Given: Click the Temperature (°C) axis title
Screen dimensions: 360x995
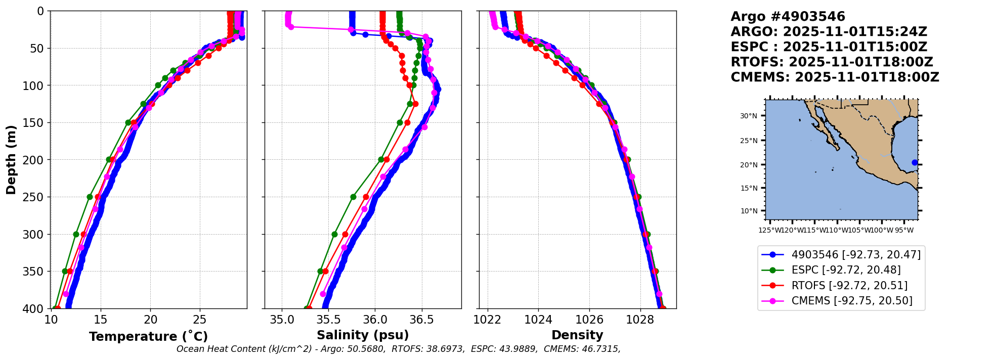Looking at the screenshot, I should [x=148, y=337].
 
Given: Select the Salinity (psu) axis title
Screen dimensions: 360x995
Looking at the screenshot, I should [x=363, y=335].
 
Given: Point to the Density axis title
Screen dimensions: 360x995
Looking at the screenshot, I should [x=577, y=335].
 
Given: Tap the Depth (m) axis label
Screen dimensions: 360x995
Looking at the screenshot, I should [x=11, y=160].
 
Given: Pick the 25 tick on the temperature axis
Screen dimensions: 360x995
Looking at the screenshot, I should [x=200, y=320].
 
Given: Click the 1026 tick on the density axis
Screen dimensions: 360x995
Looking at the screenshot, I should [x=589, y=320].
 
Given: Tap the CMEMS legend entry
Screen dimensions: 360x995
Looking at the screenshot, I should [x=852, y=301].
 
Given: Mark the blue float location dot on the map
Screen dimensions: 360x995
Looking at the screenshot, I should [x=915, y=162].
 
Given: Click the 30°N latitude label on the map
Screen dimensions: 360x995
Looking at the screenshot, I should [x=749, y=116].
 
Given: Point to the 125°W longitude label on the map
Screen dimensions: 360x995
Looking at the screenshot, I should [x=769, y=231].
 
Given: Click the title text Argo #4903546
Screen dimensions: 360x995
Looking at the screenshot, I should [x=788, y=17].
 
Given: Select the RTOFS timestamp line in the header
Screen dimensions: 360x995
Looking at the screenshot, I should [x=832, y=62].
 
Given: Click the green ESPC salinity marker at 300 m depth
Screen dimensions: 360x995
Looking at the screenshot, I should [x=334, y=234].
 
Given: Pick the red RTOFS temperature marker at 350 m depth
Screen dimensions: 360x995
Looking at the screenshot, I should [x=70, y=272].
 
